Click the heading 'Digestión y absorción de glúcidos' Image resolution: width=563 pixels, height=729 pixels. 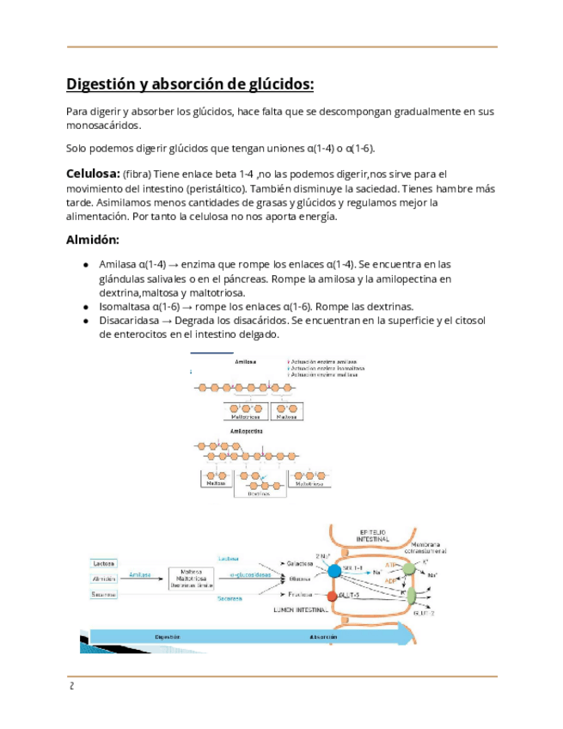[x=190, y=84]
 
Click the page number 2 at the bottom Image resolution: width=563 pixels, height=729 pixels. [x=72, y=686]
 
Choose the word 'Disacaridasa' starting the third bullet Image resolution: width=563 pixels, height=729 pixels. [x=130, y=320]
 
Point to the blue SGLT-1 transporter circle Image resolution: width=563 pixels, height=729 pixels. [x=334, y=569]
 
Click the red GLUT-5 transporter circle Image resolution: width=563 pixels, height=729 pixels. [x=333, y=595]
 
